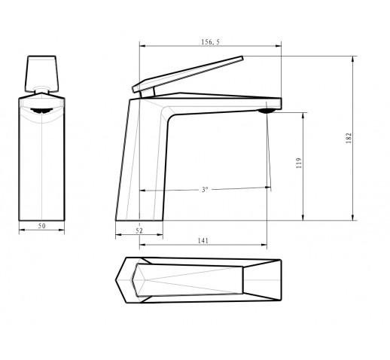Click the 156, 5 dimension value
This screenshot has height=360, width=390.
pyautogui.click(x=210, y=42)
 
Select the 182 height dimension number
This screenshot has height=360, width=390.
pyautogui.click(x=349, y=138)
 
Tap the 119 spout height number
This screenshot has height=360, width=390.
pyautogui.click(x=299, y=163)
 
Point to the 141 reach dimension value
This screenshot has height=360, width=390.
pyautogui.click(x=203, y=241)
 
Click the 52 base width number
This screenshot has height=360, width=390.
pyautogui.click(x=139, y=230)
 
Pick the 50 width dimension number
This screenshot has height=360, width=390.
pyautogui.click(x=42, y=226)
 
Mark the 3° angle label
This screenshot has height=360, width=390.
pyautogui.click(x=205, y=190)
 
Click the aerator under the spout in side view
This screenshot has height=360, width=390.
pyautogui.click(x=267, y=111)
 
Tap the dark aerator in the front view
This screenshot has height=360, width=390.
pyautogui.click(x=41, y=111)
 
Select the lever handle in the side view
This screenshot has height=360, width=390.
pyautogui.click(x=188, y=75)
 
